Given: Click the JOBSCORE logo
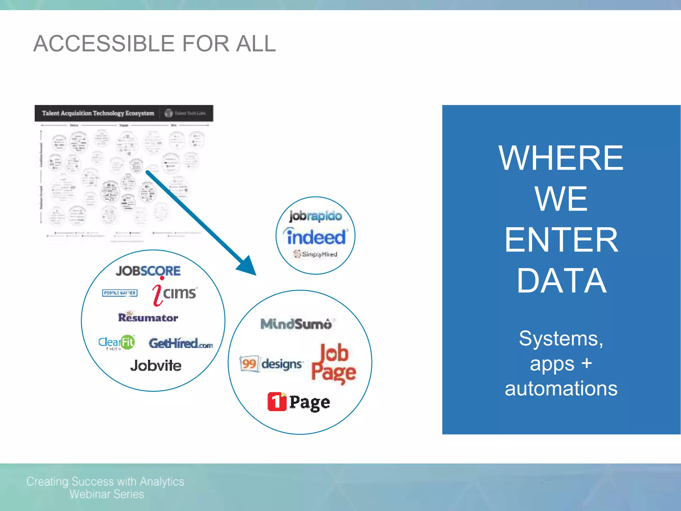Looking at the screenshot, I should [148, 271].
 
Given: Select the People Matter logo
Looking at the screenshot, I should [120, 293].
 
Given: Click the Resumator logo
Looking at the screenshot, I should [148, 317].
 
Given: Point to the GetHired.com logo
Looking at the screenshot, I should [181, 343].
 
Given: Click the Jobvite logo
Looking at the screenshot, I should [156, 365].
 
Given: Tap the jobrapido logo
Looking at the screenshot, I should [315, 216].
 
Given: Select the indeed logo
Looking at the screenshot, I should [316, 237].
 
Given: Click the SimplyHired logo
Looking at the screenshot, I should [316, 254].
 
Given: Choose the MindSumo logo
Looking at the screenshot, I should [296, 324].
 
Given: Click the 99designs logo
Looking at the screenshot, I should [271, 364].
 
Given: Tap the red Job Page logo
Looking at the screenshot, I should [334, 364].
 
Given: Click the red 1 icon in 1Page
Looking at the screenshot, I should [277, 402].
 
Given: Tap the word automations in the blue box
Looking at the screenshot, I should [561, 389].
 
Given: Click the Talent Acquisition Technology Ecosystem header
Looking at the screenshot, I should [98, 113].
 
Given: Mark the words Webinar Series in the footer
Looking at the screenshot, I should [107, 494].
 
